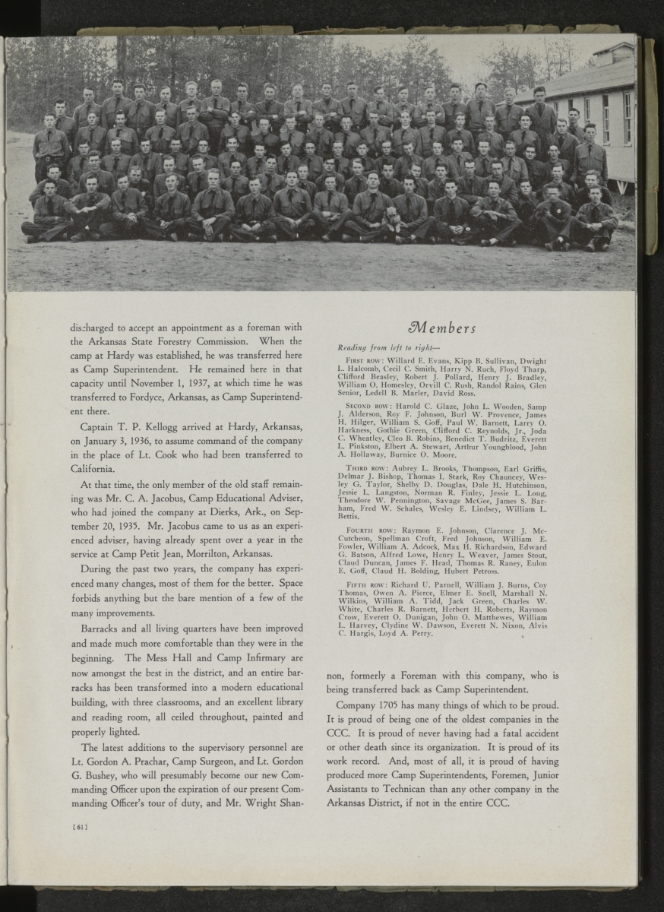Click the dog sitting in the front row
pos(392,220)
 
